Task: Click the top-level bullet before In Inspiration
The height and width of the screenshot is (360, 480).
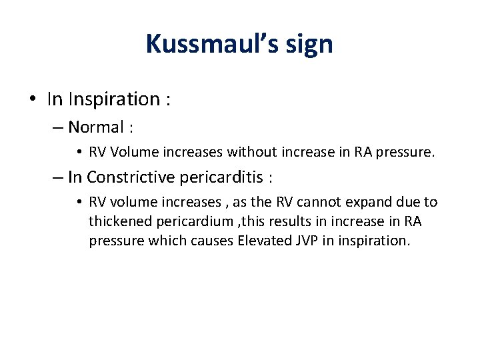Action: coord(32,100)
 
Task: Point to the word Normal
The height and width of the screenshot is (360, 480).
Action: coord(96,127)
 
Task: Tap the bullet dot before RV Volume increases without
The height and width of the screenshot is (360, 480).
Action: coord(79,152)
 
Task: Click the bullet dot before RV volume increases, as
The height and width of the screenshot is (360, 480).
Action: coord(79,202)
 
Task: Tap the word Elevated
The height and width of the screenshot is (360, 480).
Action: coord(264,240)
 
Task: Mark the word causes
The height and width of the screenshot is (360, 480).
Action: coord(212,240)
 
